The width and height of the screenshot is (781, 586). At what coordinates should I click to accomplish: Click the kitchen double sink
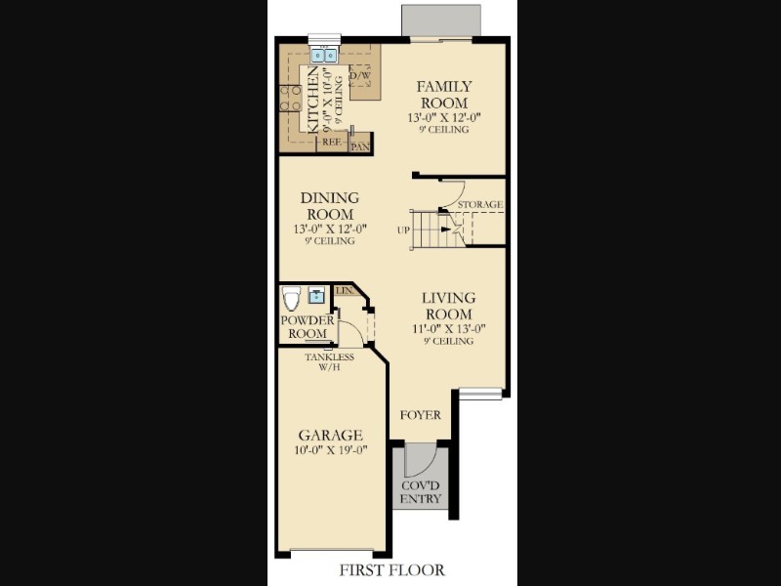click(323, 56)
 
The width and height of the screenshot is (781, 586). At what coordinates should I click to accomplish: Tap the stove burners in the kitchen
click(290, 97)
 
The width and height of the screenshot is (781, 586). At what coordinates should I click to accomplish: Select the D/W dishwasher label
click(358, 75)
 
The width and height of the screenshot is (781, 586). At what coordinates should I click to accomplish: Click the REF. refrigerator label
click(331, 141)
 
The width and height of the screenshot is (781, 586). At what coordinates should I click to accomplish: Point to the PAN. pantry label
click(360, 147)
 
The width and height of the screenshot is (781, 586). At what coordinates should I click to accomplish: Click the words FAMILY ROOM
click(444, 95)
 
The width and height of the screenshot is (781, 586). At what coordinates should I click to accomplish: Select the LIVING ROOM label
click(448, 306)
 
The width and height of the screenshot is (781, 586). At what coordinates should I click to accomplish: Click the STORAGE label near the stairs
click(480, 204)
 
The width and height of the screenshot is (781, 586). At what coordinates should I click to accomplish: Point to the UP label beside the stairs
click(402, 230)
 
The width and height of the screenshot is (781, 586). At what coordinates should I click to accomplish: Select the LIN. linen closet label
click(344, 291)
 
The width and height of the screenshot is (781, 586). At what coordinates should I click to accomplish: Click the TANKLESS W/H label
click(329, 362)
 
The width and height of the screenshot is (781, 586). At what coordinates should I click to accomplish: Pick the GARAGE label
click(331, 435)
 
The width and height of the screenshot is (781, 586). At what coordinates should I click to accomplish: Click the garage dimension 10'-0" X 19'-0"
click(331, 450)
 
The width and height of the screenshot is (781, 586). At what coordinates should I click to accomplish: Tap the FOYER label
click(421, 415)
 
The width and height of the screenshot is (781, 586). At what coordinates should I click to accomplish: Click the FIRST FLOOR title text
click(391, 569)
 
